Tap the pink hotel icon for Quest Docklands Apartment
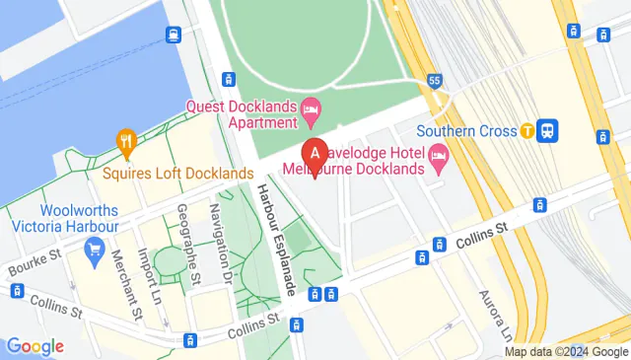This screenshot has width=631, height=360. pyautogui.click(x=312, y=106)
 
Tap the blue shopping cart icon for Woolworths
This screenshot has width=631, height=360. pyautogui.click(x=96, y=250)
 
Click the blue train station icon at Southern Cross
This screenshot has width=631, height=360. pyautogui.click(x=549, y=130)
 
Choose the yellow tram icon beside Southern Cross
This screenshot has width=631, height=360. pyautogui.click(x=527, y=130)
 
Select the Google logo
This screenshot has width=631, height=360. pyautogui.click(x=35, y=346)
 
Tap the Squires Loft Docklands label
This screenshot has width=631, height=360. pyautogui.click(x=177, y=174)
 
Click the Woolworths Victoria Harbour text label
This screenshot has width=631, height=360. pyautogui.click(x=80, y=218)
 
